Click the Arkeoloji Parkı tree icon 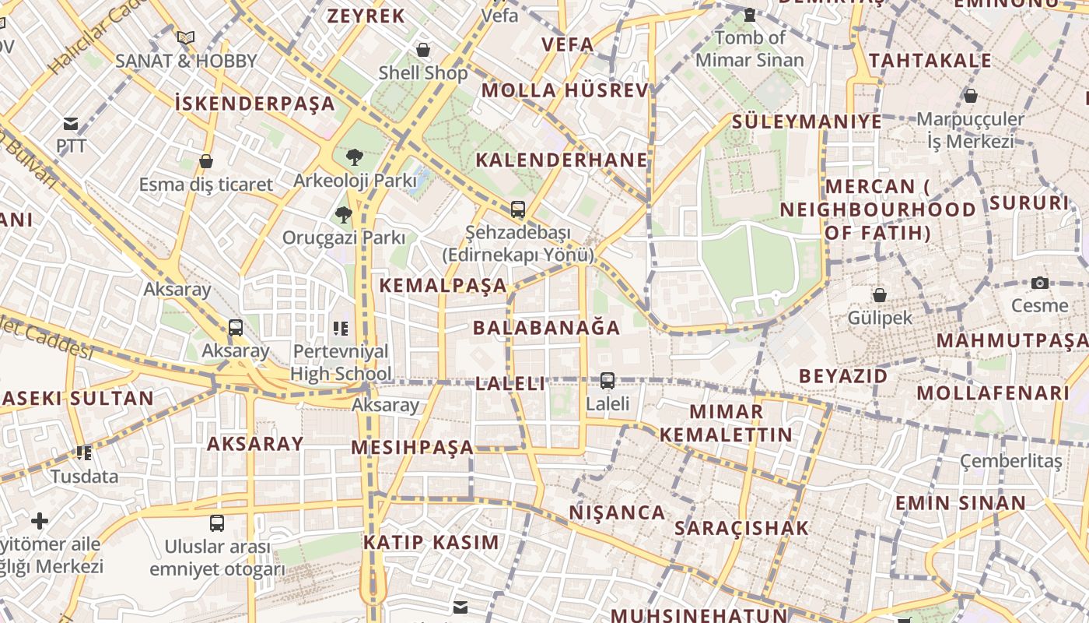click(x=355, y=157)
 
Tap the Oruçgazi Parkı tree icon click(x=343, y=214)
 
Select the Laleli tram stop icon click(x=607, y=381)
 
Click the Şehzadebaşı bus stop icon click(x=517, y=209)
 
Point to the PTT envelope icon click(x=71, y=124)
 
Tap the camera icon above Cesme click(x=1040, y=283)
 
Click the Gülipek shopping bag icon click(x=879, y=295)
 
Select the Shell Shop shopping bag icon click(x=423, y=50)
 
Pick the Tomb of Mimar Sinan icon click(x=749, y=14)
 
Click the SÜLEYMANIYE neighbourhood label click(x=807, y=121)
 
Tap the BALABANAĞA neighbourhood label click(x=547, y=327)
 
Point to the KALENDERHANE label click(x=561, y=160)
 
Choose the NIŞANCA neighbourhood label click(x=617, y=512)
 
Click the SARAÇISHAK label click(x=741, y=528)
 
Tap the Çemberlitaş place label click(x=1010, y=461)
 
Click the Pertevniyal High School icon click(x=340, y=329)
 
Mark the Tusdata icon click(x=84, y=452)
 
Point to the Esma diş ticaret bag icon click(x=206, y=161)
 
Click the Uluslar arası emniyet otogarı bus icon click(x=217, y=523)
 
